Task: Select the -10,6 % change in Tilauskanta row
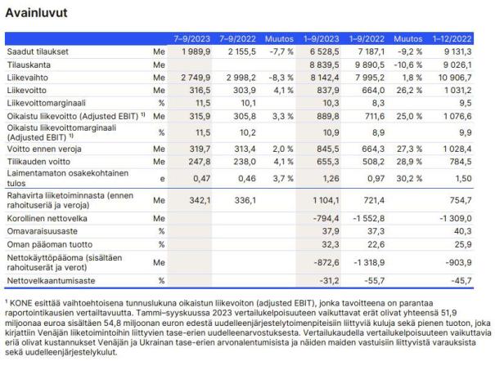[407, 63]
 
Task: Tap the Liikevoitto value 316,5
[198, 87]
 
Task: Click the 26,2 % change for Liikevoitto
[408, 87]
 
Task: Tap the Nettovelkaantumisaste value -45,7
[459, 282]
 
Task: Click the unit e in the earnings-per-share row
[161, 178]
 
